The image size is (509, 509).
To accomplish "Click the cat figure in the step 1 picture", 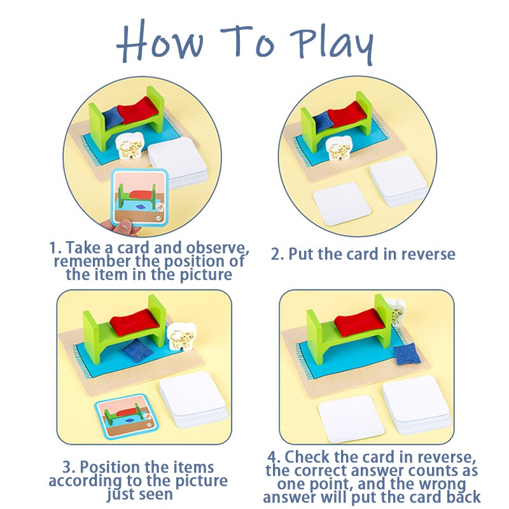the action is (129, 146).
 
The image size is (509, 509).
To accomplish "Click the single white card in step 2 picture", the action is (342, 204).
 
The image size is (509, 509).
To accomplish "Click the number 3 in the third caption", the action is (67, 468).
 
